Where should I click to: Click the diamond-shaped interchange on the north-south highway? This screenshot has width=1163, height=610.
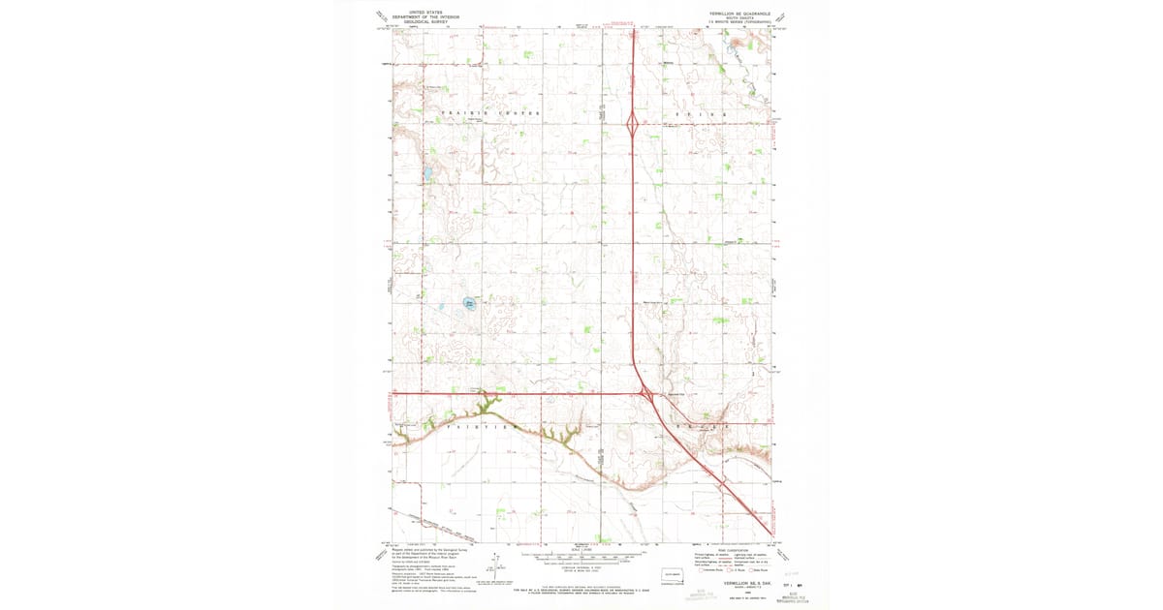click(632, 124)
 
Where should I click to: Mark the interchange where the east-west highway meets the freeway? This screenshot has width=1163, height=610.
click(645, 393)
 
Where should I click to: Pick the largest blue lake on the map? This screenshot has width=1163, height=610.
click(469, 303)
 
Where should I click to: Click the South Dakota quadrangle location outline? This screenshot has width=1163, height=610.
click(673, 576)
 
